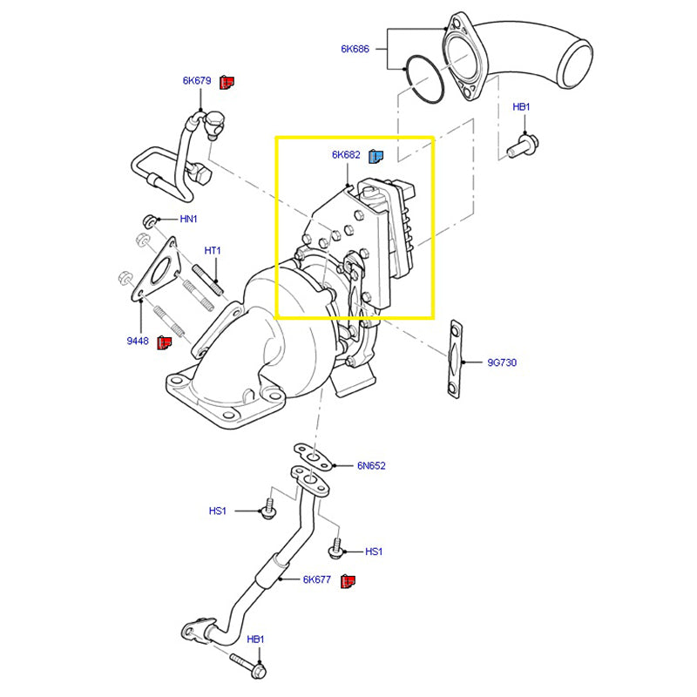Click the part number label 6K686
(355, 50)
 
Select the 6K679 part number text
(197, 81)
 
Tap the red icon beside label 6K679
(227, 82)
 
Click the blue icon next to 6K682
(377, 156)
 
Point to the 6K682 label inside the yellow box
(346, 156)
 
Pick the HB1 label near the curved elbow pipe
(521, 107)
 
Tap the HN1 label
(189, 220)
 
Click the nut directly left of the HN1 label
(150, 220)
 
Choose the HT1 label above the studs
(213, 251)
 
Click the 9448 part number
(138, 342)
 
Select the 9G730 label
(503, 362)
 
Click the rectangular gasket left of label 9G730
(453, 360)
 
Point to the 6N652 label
(371, 466)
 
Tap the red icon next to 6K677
(348, 580)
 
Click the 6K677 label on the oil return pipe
(317, 579)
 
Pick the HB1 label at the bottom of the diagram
(255, 639)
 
